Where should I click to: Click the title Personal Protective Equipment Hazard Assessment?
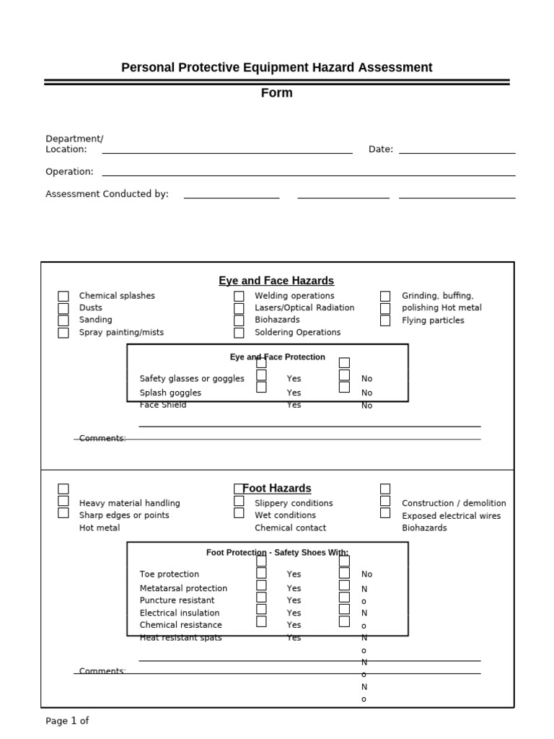click(x=276, y=68)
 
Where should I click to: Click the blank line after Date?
click(x=457, y=150)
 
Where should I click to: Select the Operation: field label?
click(x=69, y=172)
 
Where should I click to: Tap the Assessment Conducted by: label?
click(x=107, y=194)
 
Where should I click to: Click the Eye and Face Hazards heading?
click(x=276, y=281)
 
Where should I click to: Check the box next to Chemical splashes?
click(x=63, y=297)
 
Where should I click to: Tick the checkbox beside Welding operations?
click(x=239, y=297)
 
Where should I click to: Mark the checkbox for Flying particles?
click(x=385, y=320)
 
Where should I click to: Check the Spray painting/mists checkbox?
click(x=63, y=333)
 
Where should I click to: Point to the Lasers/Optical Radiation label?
click(x=304, y=308)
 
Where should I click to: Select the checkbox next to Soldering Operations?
click(x=239, y=333)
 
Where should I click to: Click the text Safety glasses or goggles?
click(x=192, y=379)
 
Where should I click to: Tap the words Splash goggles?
click(x=170, y=393)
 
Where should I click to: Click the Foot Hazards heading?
click(x=277, y=489)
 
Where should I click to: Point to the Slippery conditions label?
click(x=294, y=504)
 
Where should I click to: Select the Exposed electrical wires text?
click(x=451, y=516)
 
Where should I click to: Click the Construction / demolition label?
click(x=454, y=504)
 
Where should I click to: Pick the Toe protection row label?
click(x=170, y=574)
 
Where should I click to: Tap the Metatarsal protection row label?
click(x=183, y=589)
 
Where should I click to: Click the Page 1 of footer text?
click(x=67, y=721)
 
